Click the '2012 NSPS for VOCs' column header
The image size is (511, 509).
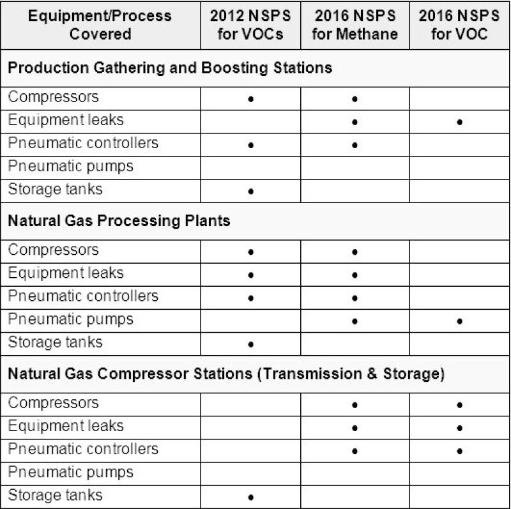250,25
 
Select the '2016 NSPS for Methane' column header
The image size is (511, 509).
355,25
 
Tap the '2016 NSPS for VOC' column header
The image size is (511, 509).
460,25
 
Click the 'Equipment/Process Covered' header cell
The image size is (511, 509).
101,25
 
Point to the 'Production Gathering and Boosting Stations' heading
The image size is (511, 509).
171,68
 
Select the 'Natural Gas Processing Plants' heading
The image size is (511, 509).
119,221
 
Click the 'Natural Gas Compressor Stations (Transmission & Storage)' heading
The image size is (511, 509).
226,374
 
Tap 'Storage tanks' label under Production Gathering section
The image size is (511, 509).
55,190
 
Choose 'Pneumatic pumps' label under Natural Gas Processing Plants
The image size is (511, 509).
71,319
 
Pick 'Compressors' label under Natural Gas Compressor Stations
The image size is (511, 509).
54,404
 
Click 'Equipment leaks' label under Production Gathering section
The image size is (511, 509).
66,120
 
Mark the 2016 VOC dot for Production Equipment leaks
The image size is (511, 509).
460,122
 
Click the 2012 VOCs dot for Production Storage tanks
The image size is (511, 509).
251,191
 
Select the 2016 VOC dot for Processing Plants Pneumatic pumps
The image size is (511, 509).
460,321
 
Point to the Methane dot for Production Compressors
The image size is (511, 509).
355,99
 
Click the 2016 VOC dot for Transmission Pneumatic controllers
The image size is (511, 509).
460,452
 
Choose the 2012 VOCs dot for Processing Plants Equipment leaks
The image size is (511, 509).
251,275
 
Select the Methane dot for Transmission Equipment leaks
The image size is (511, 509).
355,429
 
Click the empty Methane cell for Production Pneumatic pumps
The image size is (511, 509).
355,167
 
